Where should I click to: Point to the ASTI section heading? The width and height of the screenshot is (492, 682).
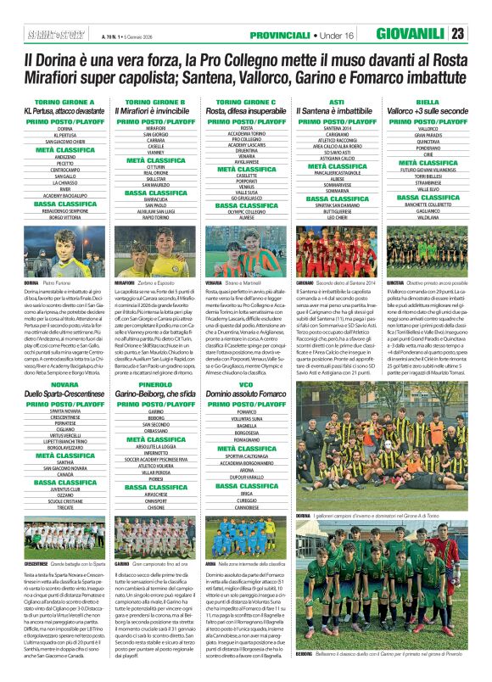(x=336, y=101)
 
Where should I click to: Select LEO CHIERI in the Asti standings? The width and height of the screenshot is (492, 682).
(x=336, y=218)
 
